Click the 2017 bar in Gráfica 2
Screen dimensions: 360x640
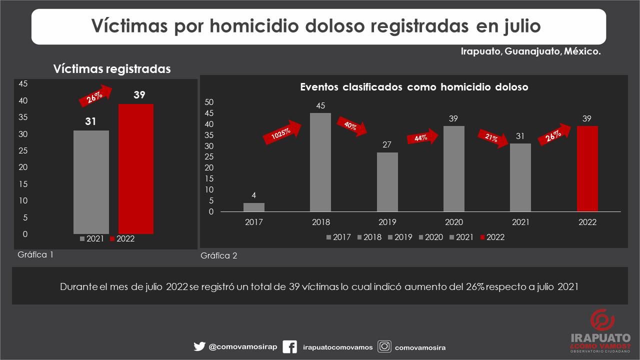(253, 207)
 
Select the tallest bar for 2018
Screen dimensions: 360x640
(320, 162)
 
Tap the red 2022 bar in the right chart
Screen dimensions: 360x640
(587, 169)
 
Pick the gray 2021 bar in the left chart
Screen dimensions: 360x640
(90, 182)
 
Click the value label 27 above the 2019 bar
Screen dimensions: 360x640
(386, 145)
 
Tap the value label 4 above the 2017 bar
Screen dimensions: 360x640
(253, 195)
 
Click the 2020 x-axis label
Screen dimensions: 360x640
(453, 222)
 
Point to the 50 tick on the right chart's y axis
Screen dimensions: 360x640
(210, 102)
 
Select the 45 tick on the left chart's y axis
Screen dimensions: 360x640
(23, 84)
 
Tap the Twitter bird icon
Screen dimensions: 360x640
(199, 347)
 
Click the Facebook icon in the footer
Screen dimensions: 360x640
(289, 347)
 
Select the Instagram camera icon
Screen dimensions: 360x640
(384, 347)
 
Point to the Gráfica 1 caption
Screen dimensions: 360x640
(35, 254)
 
